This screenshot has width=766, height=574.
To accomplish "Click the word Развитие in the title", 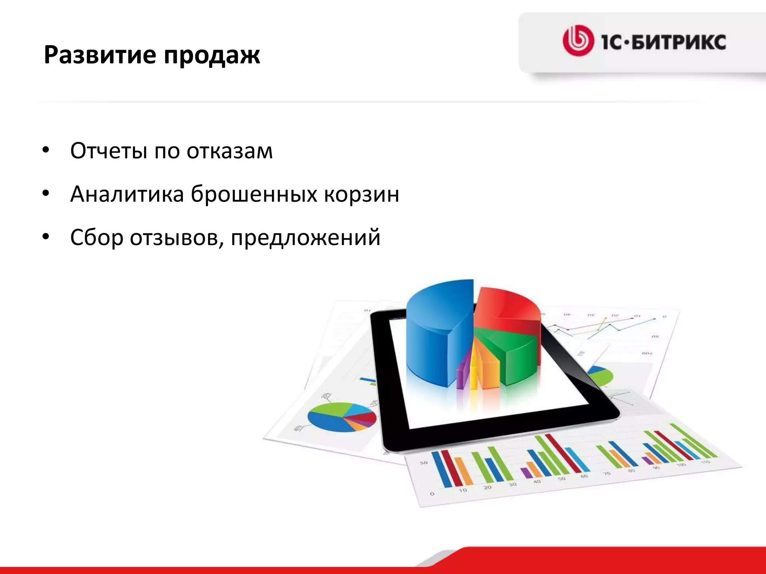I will tap(100, 55).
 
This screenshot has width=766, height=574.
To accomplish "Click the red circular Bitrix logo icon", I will tap(578, 41).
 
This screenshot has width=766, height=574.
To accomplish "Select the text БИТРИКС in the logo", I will tap(681, 41).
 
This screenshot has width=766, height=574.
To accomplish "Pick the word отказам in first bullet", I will tap(230, 151).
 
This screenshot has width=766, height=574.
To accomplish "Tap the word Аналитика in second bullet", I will tap(127, 194).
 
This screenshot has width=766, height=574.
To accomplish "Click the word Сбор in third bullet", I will tap(96, 238).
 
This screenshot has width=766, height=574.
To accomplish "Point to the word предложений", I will tap(306, 238).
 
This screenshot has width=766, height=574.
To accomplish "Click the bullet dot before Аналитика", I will tap(46, 194).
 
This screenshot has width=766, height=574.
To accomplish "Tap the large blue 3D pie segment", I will tap(434, 336).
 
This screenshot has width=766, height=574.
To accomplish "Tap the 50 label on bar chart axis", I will tap(423, 463).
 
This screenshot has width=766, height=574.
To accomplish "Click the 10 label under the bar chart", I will tap(463, 490).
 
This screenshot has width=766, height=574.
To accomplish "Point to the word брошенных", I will tap(254, 194).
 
